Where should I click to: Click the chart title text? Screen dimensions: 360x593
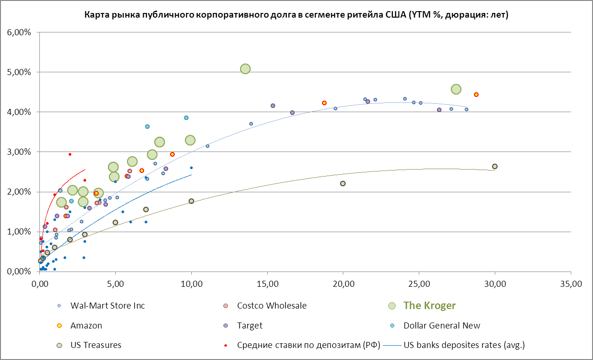tap(296, 15)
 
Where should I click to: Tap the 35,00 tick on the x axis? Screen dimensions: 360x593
tap(570, 283)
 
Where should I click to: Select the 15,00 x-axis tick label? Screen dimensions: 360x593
tap(267, 283)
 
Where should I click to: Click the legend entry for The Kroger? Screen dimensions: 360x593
tap(429, 305)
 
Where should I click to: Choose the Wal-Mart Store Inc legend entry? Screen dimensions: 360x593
tap(107, 305)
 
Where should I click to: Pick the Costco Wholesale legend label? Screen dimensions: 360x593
tap(271, 305)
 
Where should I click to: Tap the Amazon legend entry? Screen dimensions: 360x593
tap(86, 325)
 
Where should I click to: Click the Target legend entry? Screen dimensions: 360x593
tap(249, 325)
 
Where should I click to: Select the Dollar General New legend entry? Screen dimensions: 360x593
tap(442, 325)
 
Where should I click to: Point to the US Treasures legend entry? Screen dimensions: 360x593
tap(95, 345)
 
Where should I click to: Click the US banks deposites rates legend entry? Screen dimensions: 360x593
tap(464, 345)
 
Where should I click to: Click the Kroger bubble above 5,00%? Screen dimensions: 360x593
tap(246, 69)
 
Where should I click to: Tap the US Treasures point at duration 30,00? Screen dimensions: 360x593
tap(495, 166)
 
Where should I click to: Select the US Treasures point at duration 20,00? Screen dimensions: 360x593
tap(343, 183)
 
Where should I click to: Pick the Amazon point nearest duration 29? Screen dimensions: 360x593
tap(476, 95)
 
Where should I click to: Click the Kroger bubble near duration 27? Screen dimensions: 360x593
tap(456, 89)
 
